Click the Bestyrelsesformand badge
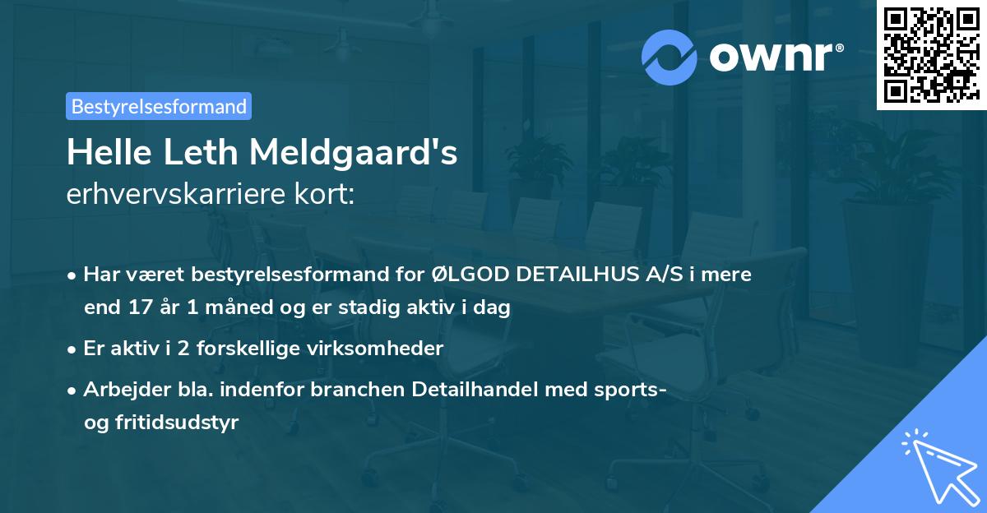[159, 106]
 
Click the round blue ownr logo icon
[670, 56]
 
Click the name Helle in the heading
[104, 152]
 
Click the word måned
[219, 308]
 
